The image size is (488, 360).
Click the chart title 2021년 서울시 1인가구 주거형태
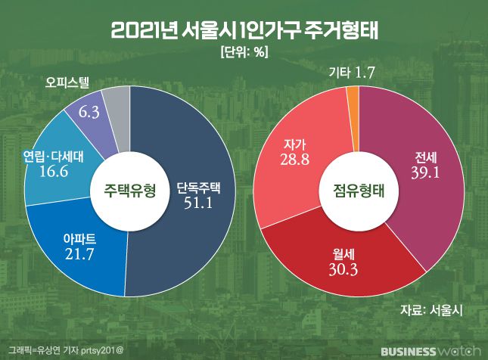click(244, 31)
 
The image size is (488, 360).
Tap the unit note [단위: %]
click(244, 52)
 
